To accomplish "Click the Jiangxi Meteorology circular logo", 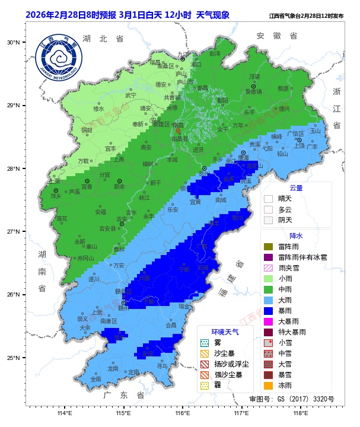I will [x=59, y=59].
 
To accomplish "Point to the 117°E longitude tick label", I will [x=241, y=413].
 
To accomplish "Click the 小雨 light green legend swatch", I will [x=268, y=278].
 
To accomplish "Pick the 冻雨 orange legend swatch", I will [x=268, y=385].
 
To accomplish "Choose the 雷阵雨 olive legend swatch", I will [x=268, y=246].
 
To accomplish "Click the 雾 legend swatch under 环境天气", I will [x=205, y=343].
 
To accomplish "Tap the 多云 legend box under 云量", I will [x=268, y=210].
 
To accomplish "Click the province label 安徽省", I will [x=277, y=36].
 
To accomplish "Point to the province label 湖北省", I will [x=103, y=39].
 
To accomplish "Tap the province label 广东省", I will [x=123, y=395].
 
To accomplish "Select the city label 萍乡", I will [x=56, y=195].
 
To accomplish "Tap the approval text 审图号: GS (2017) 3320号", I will [x=291, y=399].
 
